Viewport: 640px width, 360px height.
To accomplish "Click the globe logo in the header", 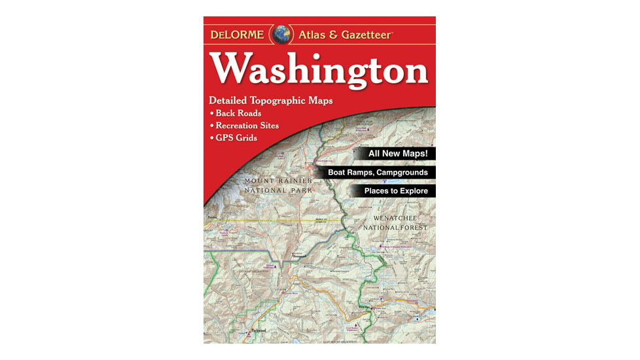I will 283,35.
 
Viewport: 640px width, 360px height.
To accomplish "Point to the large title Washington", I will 319,70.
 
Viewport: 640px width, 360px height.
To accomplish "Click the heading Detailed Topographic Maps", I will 271,101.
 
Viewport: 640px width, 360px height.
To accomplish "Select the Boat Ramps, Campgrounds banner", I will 378,173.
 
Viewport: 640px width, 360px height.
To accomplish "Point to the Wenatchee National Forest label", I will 399,223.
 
